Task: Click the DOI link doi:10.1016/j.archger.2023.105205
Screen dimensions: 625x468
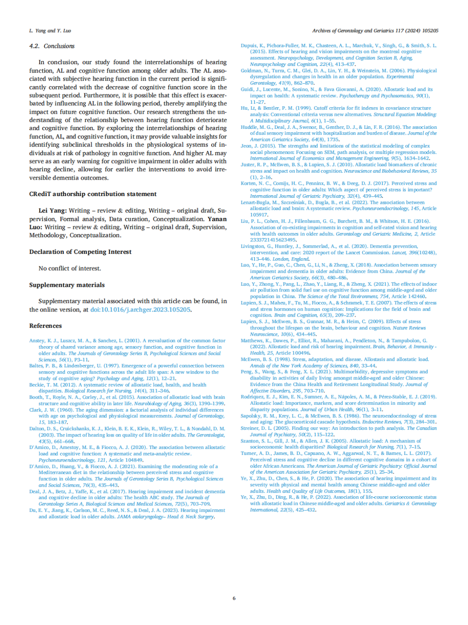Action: [x=140, y=310]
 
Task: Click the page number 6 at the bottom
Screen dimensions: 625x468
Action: [x=234, y=598]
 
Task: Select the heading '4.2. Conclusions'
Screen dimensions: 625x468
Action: [x=52, y=46]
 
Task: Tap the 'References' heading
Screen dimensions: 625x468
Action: [x=45, y=326]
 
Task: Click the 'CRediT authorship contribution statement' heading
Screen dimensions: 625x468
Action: [x=93, y=194]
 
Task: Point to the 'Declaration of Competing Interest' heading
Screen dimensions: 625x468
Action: [x=80, y=252]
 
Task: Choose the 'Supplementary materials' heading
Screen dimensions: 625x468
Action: [x=67, y=285]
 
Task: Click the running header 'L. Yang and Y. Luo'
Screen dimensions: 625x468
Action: [x=50, y=31]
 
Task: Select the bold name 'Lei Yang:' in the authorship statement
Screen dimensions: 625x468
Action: [x=52, y=210]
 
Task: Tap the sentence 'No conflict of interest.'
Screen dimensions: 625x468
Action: [x=70, y=268]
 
